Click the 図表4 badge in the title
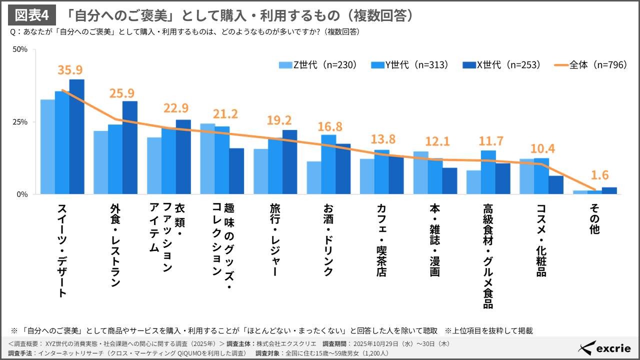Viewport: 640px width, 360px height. [x=31, y=15]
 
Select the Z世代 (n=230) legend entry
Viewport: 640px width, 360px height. [x=318, y=65]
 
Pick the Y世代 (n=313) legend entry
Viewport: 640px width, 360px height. [x=410, y=65]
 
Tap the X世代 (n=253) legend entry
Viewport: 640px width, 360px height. [x=501, y=65]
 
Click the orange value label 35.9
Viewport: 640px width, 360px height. [x=70, y=70]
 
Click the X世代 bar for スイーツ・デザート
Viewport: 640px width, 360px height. [x=76, y=136]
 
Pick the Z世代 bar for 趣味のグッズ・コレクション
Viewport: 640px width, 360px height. [x=207, y=158]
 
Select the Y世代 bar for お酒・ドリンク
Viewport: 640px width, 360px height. [x=328, y=164]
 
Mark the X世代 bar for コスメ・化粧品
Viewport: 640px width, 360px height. [x=555, y=185]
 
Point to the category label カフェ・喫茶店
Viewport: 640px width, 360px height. [x=382, y=239]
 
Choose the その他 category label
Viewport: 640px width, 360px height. [x=594, y=218]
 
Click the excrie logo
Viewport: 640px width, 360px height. [x=604, y=348]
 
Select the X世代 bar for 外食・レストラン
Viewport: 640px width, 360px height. [x=129, y=147]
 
